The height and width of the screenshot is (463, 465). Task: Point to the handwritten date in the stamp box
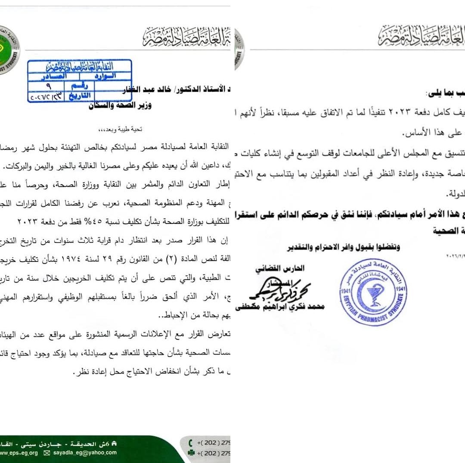coord(46,97)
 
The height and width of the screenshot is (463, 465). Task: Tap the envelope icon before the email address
coord(47,453)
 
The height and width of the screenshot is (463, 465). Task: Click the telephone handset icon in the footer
coord(191,443)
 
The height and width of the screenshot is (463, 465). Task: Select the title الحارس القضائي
coord(286,268)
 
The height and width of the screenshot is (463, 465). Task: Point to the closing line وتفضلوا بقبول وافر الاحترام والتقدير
coord(344,247)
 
